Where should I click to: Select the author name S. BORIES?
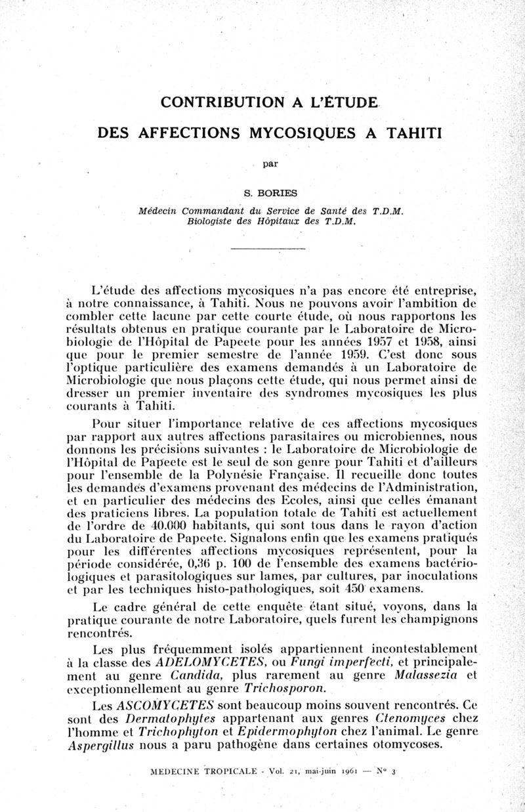pos(270,193)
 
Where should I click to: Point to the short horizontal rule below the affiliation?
pos(270,249)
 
